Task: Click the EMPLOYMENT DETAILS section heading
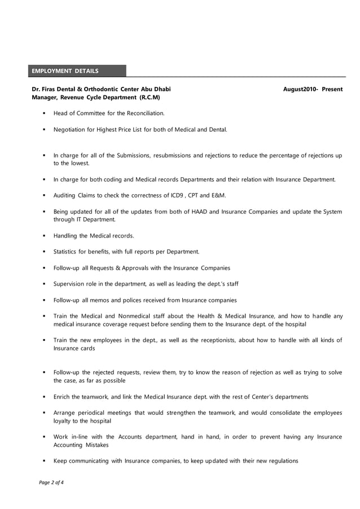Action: pos(65,71)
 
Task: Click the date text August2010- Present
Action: pos(313,90)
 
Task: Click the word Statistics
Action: pos(67,252)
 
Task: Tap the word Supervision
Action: pos(71,284)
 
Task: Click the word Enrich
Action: pos(62,397)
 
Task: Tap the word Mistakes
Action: pos(98,445)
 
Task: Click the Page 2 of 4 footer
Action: pos(51,482)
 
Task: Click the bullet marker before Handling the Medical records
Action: pos(45,235)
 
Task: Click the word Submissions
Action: pos(133,155)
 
